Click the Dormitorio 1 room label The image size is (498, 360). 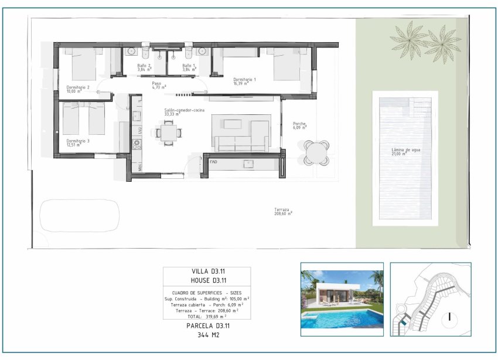[244, 79]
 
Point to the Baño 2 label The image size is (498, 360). [144, 66]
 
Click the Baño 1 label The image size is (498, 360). [188, 66]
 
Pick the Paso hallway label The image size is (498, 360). [156, 84]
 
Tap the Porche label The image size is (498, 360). [299, 124]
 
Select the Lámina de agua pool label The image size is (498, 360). [406, 150]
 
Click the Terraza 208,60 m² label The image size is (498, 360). [283, 210]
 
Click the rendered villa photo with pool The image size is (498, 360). [342, 299]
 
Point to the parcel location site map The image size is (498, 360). [430, 299]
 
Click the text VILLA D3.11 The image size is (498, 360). [207, 271]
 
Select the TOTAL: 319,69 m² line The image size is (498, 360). [207, 315]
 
